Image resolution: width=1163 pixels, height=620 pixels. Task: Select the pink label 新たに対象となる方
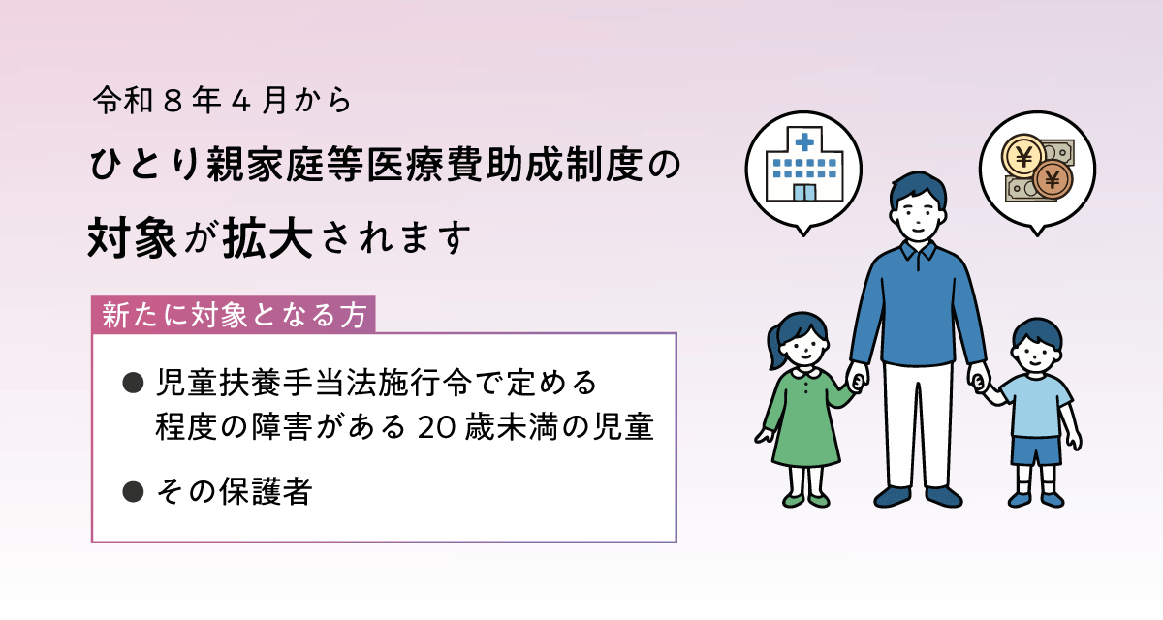coord(233,316)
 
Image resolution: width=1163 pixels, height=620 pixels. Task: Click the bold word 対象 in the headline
coord(132,237)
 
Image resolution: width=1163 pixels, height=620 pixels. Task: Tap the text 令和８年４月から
coord(213,99)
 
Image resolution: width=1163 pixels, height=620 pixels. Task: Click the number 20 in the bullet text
coord(430,428)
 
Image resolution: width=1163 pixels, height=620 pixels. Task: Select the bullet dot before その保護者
coord(134,492)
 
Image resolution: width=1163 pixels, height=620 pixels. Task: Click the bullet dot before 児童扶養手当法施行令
coord(134,384)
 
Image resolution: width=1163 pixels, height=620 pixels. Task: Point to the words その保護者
coord(233,492)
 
